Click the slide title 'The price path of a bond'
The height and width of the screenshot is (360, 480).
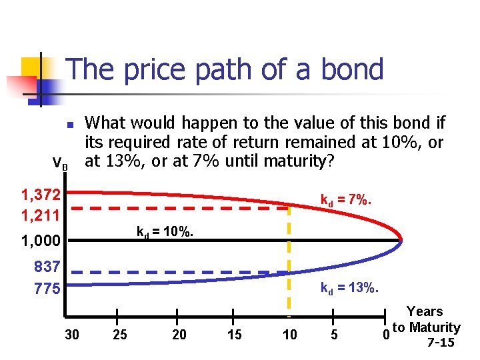tap(225, 69)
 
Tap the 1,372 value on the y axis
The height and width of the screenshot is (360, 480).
tap(41, 195)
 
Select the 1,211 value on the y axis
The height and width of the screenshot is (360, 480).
tap(41, 215)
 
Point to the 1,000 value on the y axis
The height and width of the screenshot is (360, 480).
tap(41, 241)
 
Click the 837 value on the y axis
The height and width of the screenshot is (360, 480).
tap(47, 267)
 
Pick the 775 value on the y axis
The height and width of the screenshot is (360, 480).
tap(47, 289)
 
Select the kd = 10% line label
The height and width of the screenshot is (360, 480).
tap(165, 233)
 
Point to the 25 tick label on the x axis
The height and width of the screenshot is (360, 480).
tap(120, 335)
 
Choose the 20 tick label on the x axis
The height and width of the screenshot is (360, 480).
tap(179, 335)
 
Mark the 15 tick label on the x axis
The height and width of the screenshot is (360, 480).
tap(235, 335)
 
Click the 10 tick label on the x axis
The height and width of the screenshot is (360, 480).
tap(290, 335)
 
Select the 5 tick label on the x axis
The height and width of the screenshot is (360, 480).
tap(334, 335)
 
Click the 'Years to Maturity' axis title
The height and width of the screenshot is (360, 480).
tap(425, 319)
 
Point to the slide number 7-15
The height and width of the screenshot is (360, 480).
tap(440, 343)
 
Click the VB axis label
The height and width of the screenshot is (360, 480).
tap(60, 162)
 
